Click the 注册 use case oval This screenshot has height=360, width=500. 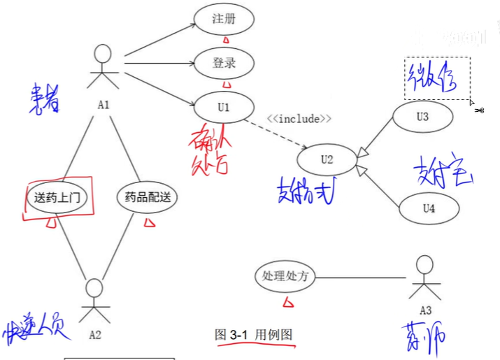pos(223,19)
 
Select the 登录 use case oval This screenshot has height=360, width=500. pos(224,63)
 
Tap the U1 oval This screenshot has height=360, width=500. pos(223,107)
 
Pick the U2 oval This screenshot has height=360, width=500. pos(327,159)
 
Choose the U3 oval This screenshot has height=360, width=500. pos(422,117)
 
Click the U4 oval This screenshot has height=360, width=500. pos(429,208)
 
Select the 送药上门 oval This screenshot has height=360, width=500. pos(57,197)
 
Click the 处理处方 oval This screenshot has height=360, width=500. pos(285,276)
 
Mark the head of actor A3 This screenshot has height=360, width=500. pos(424,266)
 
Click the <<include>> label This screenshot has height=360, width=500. pos(299,118)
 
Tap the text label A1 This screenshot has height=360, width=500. pos(103,104)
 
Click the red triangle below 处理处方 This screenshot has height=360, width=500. pos(286,302)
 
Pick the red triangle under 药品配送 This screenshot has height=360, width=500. pos(149,222)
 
